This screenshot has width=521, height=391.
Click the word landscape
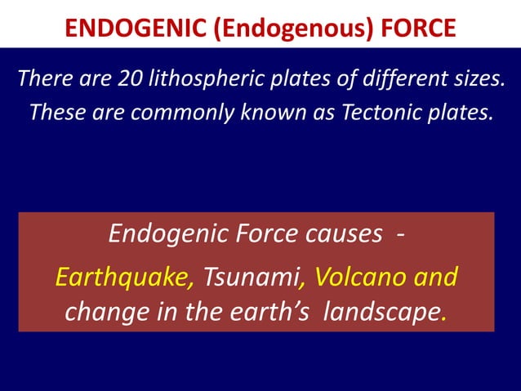click(x=381, y=313)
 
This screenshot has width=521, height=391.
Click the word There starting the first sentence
click(x=45, y=81)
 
